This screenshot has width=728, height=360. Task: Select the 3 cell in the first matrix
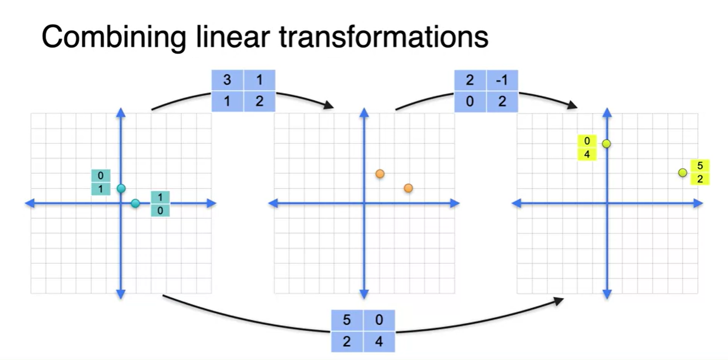(x=227, y=80)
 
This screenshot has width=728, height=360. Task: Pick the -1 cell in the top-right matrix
(x=502, y=80)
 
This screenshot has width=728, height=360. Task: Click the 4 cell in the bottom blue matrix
(x=379, y=341)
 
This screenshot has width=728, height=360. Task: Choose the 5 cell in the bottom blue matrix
(x=347, y=319)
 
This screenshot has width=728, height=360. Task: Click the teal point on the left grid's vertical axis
(x=121, y=189)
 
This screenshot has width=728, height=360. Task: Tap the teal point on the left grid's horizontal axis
(x=135, y=204)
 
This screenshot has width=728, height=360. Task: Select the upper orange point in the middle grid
(x=380, y=174)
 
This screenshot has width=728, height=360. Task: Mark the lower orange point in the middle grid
(x=408, y=188)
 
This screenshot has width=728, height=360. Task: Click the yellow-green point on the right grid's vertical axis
(x=607, y=144)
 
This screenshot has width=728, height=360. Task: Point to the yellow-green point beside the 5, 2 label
(x=682, y=173)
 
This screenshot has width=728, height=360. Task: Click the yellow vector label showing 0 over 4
(x=587, y=147)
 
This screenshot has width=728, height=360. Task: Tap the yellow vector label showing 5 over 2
(x=699, y=172)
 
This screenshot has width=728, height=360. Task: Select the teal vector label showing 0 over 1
(x=101, y=182)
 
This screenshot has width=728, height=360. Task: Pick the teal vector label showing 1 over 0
(x=160, y=204)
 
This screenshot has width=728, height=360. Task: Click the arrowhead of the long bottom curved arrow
(x=559, y=301)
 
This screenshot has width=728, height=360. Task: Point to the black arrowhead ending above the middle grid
(x=329, y=105)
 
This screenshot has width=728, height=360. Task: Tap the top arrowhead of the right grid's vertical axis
(x=607, y=113)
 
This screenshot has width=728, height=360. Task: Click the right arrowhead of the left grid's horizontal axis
(x=212, y=204)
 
